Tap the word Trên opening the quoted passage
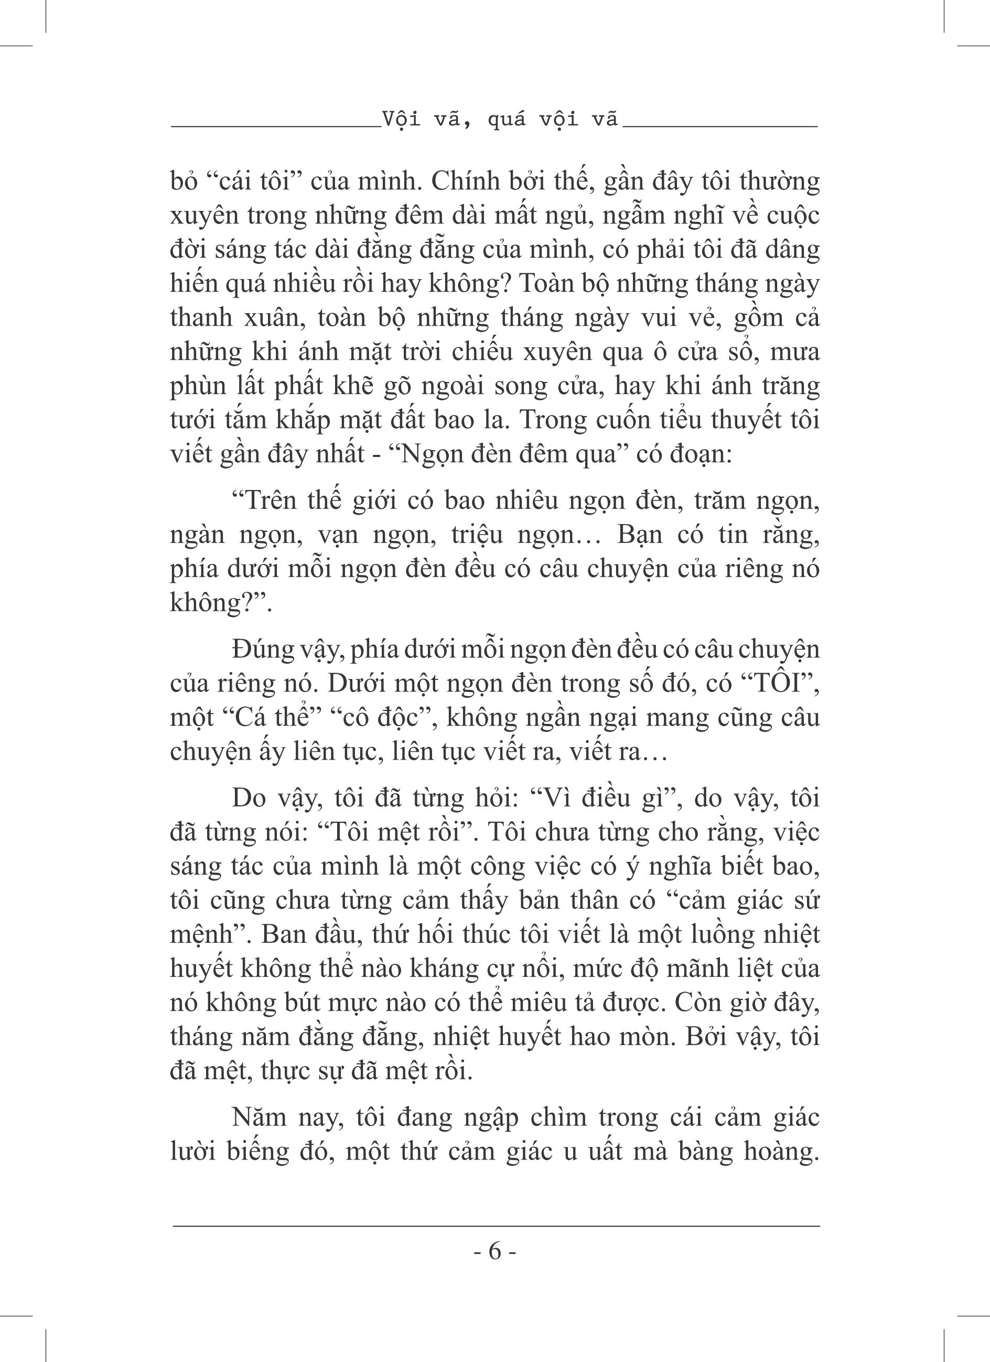(262, 500)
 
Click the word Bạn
(639, 535)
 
